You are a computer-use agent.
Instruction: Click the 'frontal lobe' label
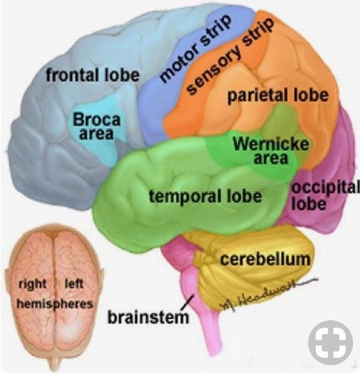pos(93,75)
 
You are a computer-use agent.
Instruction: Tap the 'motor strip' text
pos(195,48)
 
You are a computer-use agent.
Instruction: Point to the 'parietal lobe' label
pos(278,95)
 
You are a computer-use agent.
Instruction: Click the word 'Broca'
pos(96,119)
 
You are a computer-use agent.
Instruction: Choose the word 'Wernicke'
pos(271,144)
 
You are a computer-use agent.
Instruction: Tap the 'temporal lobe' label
pos(205,196)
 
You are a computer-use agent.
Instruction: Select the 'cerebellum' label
pos(265,259)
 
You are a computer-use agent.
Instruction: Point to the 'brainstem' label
pos(148,317)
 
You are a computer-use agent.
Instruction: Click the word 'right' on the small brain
pos(33,284)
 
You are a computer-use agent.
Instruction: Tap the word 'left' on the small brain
pos(74,283)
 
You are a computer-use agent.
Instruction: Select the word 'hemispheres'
pos(55,304)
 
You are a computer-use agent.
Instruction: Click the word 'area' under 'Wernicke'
pos(271,158)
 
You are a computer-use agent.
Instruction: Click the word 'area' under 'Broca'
pos(96,133)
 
